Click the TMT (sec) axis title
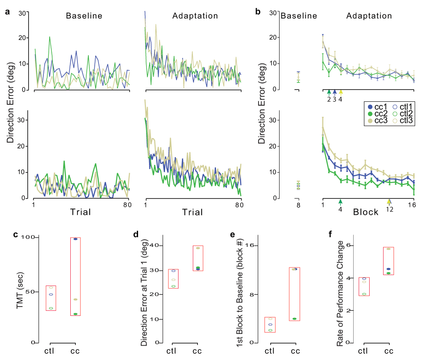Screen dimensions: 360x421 (x=19, y=290)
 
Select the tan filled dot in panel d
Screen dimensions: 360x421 (x=198, y=248)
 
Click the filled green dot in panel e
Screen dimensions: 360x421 (x=294, y=319)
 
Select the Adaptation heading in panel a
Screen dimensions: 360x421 (x=195, y=16)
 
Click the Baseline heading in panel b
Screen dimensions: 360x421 (x=298, y=16)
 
